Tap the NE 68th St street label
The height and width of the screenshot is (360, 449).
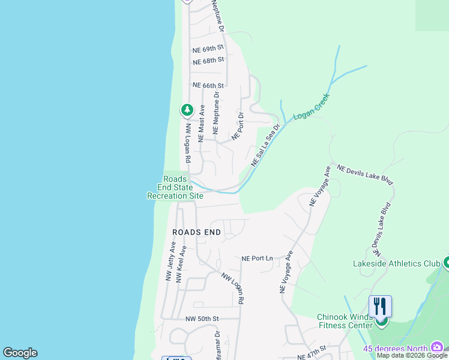[208, 60]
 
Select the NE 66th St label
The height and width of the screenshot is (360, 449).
[208, 86]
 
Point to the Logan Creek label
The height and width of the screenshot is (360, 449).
[312, 107]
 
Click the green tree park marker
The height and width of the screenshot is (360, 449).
[187, 110]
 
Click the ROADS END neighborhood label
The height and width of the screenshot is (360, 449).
[196, 232]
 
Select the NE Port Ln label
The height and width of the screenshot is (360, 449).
[257, 258]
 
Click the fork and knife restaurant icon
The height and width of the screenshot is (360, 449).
[381, 306]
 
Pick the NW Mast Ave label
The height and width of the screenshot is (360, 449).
[202, 124]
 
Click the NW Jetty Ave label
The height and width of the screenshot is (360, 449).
[170, 262]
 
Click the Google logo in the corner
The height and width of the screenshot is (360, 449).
[20, 353]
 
